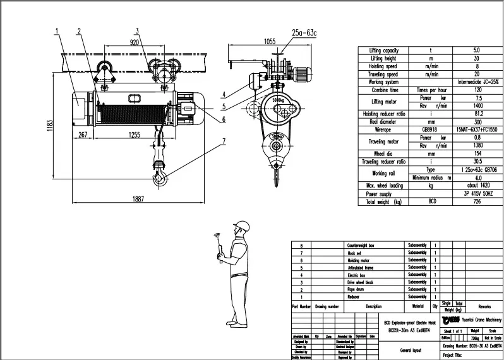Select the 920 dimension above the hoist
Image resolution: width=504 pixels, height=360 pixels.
tap(134, 43)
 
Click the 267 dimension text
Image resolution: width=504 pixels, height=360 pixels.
tap(82, 135)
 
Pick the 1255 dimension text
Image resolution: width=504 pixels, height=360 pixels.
tap(134, 135)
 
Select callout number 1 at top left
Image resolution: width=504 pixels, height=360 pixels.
tap(56, 30)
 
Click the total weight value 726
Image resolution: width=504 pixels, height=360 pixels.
tap(476, 201)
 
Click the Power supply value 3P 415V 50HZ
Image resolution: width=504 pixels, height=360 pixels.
tap(476, 195)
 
